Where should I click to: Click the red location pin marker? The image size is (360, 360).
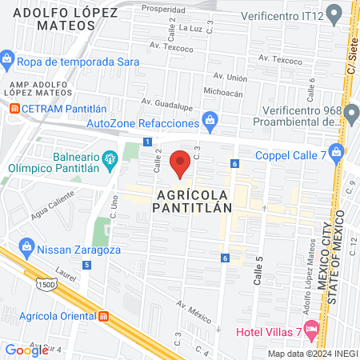coord(181,163)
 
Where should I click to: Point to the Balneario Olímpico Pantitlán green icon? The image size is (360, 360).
coord(110,157)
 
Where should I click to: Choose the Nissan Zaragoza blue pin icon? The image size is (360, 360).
coord(26,243)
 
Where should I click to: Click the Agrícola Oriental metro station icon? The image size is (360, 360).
coord(103,315)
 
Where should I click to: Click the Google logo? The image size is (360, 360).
coord(26,350)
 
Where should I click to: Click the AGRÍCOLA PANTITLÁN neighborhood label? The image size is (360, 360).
coord(191,201)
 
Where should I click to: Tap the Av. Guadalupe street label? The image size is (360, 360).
coord(168,102)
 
